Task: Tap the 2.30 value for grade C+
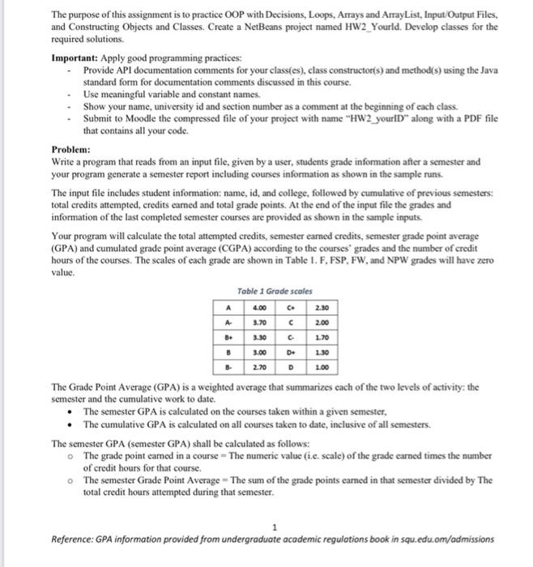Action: point(322,308)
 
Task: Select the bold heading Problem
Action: point(70,150)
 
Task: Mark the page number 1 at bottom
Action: point(275,526)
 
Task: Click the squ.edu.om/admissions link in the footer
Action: point(446,539)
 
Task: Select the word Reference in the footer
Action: point(74,539)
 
